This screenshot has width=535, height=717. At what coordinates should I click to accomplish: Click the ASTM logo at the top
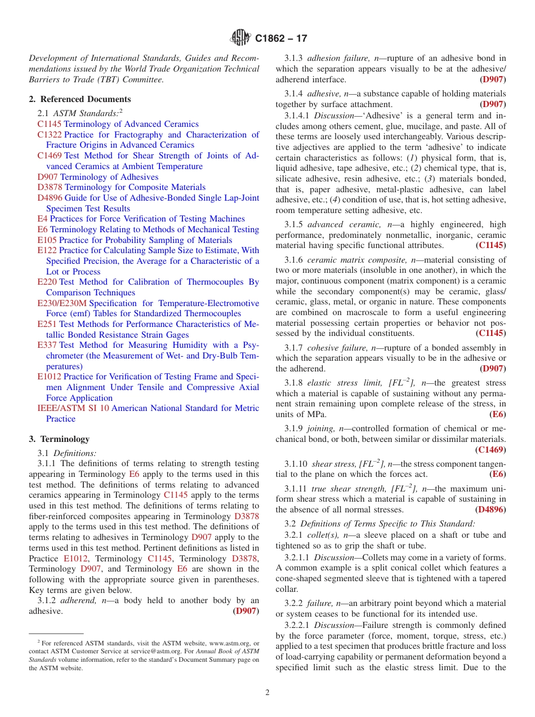click(x=240, y=38)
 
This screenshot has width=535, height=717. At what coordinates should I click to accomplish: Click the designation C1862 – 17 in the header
click(x=281, y=39)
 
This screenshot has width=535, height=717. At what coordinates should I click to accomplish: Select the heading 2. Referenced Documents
click(x=80, y=99)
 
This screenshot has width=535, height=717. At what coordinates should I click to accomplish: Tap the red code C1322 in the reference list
click(x=50, y=135)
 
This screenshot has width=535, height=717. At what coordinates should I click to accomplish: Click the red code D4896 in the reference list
click(x=50, y=198)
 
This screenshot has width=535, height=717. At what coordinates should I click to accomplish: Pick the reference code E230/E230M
click(x=62, y=303)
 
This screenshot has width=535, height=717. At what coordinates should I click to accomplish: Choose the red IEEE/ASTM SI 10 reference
click(x=73, y=408)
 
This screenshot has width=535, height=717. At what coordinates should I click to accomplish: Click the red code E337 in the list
click(x=47, y=345)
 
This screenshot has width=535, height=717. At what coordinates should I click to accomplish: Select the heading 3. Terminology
click(x=59, y=439)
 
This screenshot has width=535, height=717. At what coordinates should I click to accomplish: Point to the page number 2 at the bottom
click(x=267, y=693)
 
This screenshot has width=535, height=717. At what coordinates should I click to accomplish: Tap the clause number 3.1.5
click(x=293, y=224)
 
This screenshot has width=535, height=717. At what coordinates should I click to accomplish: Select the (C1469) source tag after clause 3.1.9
click(x=490, y=449)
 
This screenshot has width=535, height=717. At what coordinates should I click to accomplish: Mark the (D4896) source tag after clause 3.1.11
click(x=490, y=510)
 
